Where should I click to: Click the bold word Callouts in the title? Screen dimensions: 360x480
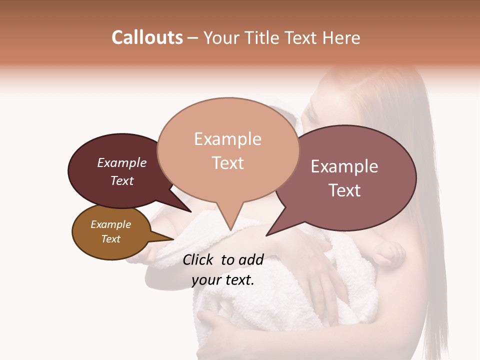pyautogui.click(x=147, y=37)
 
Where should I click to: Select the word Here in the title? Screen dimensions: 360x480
pyautogui.click(x=341, y=37)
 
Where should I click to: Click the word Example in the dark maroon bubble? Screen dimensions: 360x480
pyautogui.click(x=122, y=162)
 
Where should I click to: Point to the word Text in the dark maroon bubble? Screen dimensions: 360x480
pyautogui.click(x=122, y=180)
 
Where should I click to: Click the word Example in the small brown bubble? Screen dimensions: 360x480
pyautogui.click(x=110, y=224)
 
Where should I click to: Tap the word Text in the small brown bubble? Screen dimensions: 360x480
pyautogui.click(x=110, y=239)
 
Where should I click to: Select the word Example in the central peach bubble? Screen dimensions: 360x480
pyautogui.click(x=227, y=139)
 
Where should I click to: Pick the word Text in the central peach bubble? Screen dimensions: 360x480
pyautogui.click(x=227, y=163)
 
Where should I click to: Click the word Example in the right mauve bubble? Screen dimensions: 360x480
pyautogui.click(x=344, y=166)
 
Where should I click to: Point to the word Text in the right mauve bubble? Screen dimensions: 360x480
pyautogui.click(x=344, y=190)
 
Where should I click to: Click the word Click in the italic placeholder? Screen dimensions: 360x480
pyautogui.click(x=199, y=259)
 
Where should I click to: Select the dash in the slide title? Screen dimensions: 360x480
pyautogui.click(x=193, y=38)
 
